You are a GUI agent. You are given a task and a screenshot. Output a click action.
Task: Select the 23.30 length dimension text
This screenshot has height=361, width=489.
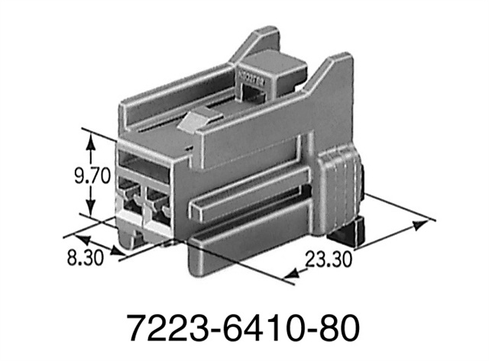tap(329, 259)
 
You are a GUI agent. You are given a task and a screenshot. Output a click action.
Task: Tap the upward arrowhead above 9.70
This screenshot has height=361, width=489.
tap(92, 138)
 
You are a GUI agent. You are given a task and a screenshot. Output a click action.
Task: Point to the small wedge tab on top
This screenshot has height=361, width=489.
tap(200, 121)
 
